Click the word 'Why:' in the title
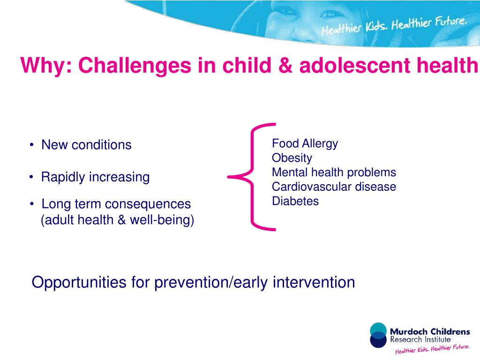46,66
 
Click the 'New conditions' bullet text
86,145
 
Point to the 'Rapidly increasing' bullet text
95,177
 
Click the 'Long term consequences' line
116,204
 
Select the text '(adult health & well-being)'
117,219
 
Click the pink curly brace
253,177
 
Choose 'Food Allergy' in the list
305,143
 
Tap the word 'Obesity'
292,158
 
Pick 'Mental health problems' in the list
334,172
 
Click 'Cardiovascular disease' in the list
334,187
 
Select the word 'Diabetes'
295,201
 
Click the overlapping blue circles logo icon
378,335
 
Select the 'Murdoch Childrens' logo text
429,332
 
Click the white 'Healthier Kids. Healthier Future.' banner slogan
394,26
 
